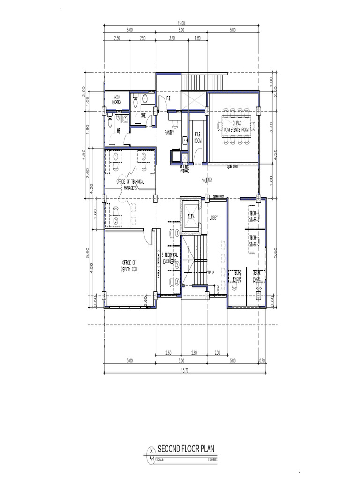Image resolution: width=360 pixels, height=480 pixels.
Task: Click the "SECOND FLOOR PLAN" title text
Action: click(x=187, y=448)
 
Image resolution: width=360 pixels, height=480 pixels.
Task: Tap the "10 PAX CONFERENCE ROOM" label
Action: click(x=236, y=125)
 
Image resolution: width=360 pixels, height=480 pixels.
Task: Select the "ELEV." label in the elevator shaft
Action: click(x=191, y=217)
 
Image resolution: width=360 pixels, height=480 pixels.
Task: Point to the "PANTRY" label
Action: click(x=170, y=133)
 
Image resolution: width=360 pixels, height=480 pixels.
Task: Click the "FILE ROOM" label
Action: click(x=198, y=137)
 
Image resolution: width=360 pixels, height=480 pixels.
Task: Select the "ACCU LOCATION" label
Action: click(x=117, y=99)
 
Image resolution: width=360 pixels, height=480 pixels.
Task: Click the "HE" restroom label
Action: click(x=119, y=131)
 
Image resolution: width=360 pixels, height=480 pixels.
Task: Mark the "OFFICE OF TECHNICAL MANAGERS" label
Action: click(x=131, y=183)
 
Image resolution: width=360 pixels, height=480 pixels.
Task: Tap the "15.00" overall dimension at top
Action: click(x=181, y=23)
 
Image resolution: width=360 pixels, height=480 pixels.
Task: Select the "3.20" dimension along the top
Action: click(x=172, y=39)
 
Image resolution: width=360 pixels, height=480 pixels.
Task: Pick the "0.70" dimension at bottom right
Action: click(x=262, y=360)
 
